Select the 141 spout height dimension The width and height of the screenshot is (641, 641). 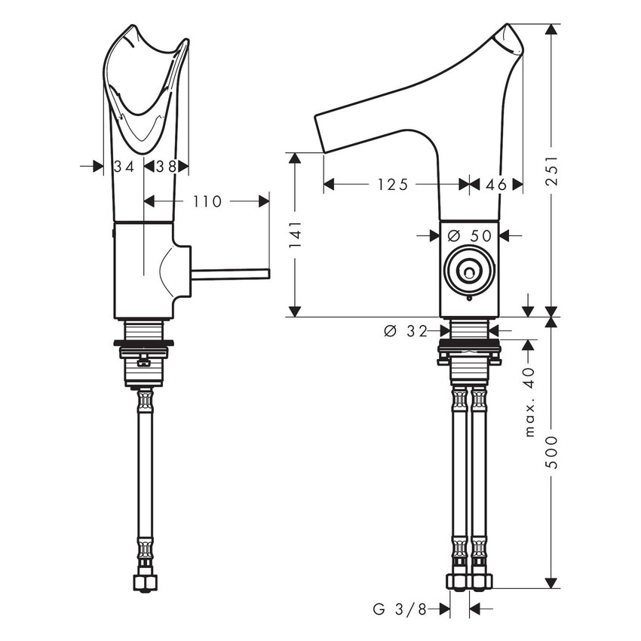click(x=295, y=235)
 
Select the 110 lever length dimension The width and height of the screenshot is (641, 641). click(x=207, y=201)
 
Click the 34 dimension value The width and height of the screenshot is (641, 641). click(x=123, y=166)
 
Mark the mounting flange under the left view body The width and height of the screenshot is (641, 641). click(x=143, y=345)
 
